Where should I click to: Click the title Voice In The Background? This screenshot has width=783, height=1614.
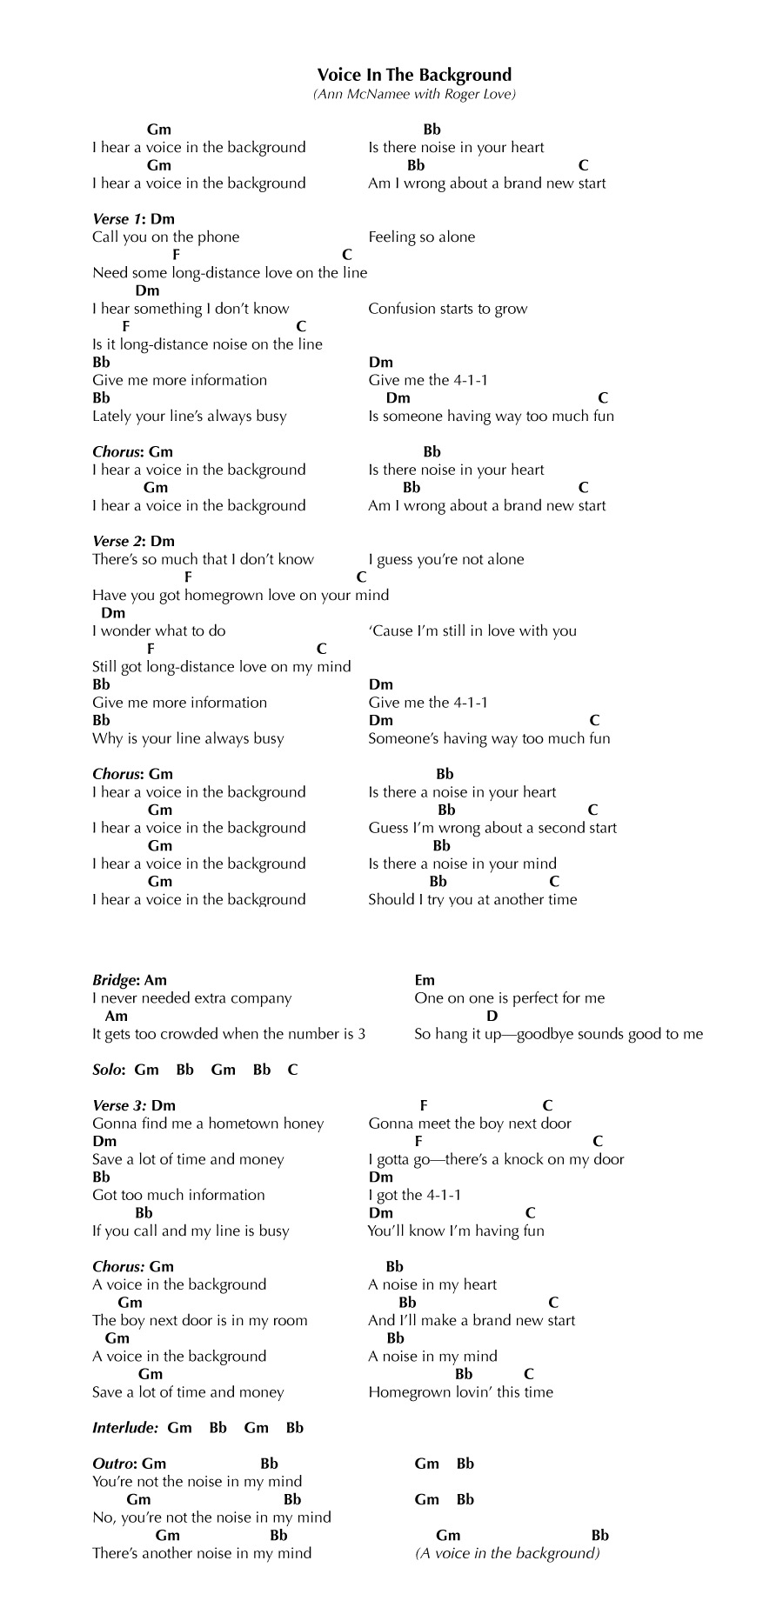pos(414,75)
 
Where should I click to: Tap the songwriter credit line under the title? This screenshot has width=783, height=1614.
pos(414,94)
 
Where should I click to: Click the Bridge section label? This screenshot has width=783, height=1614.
pos(115,980)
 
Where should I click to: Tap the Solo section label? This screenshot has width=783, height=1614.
pos(109,1070)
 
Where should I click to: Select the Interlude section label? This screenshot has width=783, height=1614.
pos(125,1427)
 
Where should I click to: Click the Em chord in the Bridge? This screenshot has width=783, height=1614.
pos(425,980)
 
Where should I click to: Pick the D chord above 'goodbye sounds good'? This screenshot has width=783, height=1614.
pos(492,1016)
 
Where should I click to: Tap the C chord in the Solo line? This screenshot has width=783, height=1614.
pos(292,1070)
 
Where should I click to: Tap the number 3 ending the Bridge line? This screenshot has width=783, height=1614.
pos(361,1034)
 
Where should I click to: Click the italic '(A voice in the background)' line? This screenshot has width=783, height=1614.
pos(507,1553)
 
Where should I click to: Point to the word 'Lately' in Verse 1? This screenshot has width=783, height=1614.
pos(112,416)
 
